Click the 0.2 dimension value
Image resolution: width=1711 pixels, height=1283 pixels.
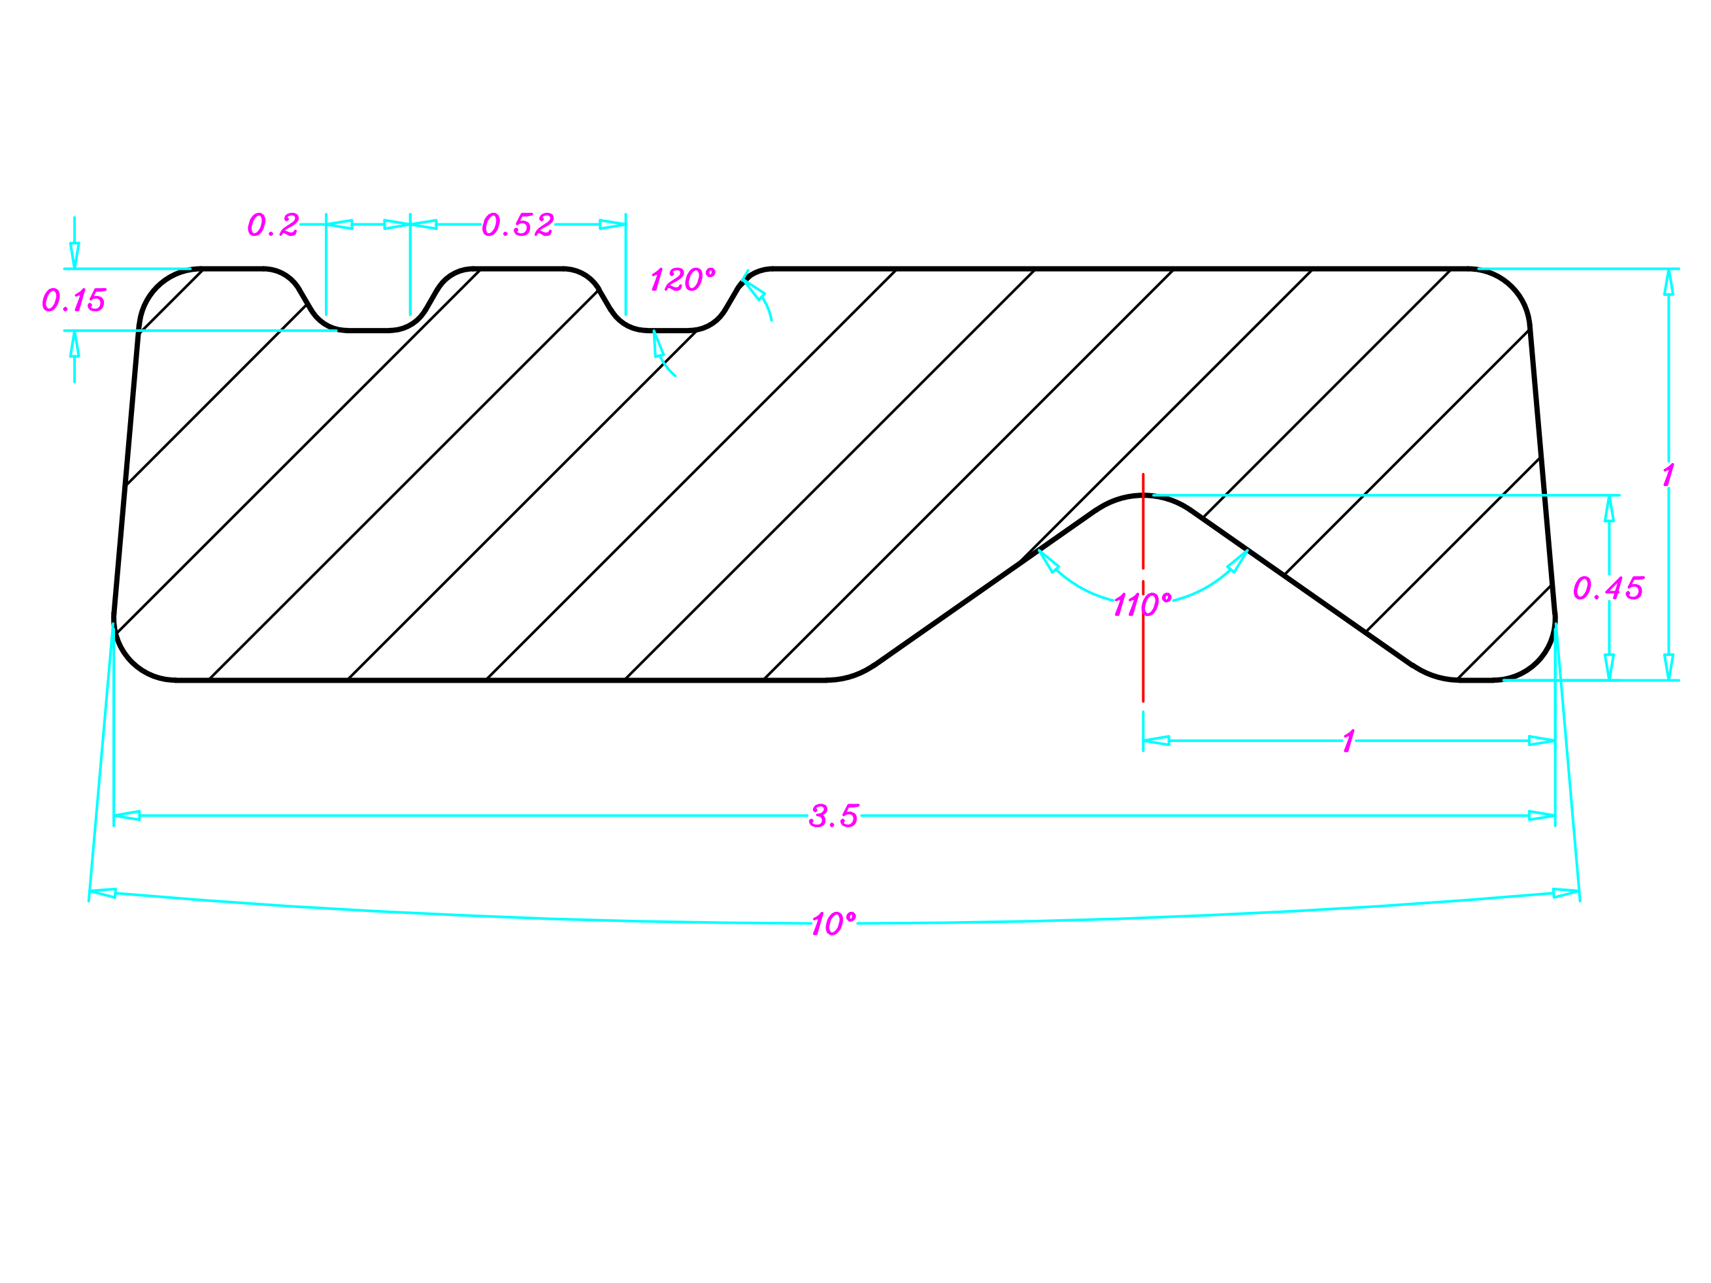pyautogui.click(x=273, y=225)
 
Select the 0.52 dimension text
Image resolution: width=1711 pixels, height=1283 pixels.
pyautogui.click(x=518, y=225)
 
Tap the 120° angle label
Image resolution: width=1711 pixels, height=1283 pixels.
pyautogui.click(x=682, y=279)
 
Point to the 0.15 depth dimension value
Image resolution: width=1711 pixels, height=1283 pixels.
pyautogui.click(x=73, y=300)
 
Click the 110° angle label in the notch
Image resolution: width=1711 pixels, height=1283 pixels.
pyautogui.click(x=1142, y=604)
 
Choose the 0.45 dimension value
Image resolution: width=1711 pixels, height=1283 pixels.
pyautogui.click(x=1608, y=589)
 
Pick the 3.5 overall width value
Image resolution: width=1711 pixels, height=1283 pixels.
pyautogui.click(x=833, y=816)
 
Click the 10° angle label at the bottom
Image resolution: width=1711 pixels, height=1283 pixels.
pyautogui.click(x=833, y=924)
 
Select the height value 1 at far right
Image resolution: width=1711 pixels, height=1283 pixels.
pyautogui.click(x=1668, y=475)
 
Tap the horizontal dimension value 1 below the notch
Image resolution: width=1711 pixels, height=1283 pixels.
pyautogui.click(x=1348, y=741)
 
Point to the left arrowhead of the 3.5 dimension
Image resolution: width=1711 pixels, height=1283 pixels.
pyautogui.click(x=127, y=816)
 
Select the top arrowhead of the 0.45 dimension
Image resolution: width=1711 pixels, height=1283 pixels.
pyautogui.click(x=1609, y=509)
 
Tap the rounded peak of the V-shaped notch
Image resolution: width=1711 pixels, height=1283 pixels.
pyautogui.click(x=1143, y=496)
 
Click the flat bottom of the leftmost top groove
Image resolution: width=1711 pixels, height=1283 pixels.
pyautogui.click(x=368, y=331)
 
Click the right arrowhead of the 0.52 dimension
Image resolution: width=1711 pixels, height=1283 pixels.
pyautogui.click(x=612, y=225)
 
